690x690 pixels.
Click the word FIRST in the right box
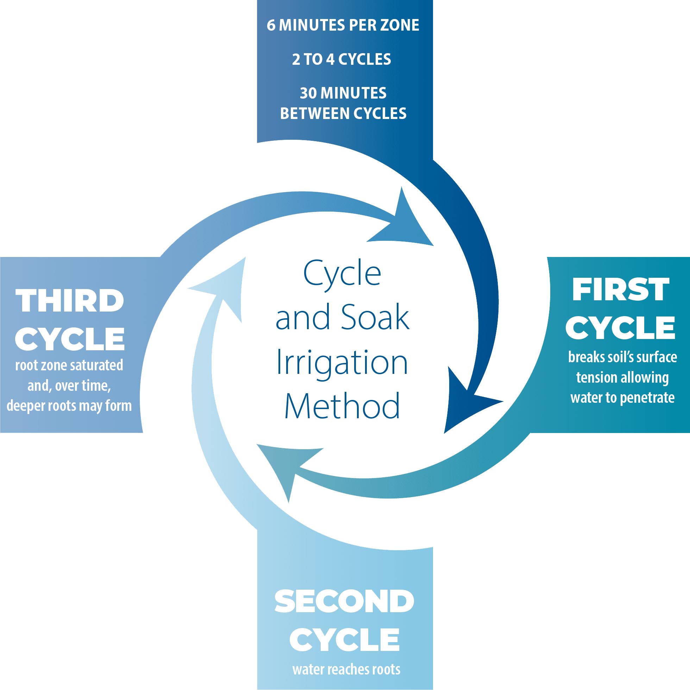pos(620,290)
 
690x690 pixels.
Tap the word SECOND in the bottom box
pos(344,602)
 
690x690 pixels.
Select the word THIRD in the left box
pos(70,301)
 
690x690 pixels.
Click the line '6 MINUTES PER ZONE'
pos(343,25)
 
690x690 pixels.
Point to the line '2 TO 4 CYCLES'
pos(341,59)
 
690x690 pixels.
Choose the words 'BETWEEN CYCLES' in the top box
pos(343,114)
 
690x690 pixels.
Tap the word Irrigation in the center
pos(342,362)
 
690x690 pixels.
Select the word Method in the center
pos(342,406)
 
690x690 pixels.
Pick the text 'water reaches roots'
pos(346,669)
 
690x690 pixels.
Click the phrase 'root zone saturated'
pos(69,365)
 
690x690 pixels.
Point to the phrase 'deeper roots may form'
pos(69,406)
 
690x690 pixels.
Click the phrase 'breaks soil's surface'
pos(622,357)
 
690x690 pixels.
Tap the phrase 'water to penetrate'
pos(622,397)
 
